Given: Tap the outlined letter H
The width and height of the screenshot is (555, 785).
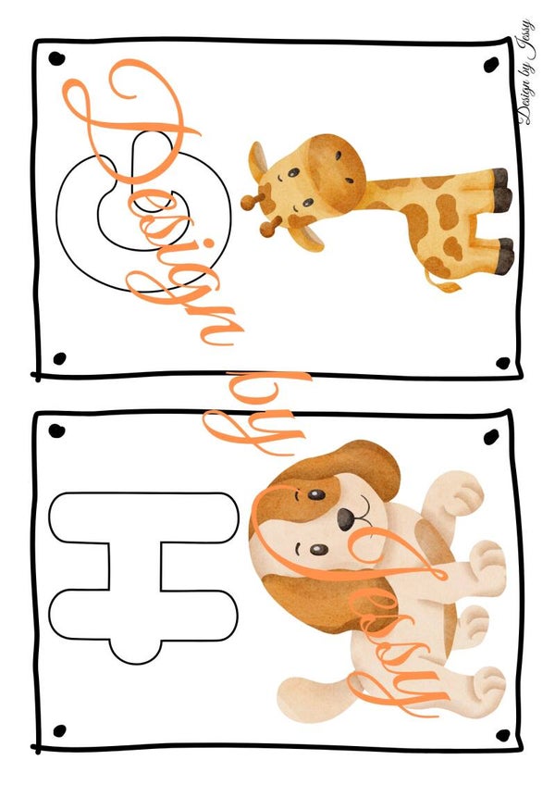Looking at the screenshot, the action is tap(135, 566).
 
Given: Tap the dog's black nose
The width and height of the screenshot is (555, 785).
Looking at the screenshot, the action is tap(345, 519).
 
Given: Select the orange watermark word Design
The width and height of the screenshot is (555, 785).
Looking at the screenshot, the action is tap(150, 200).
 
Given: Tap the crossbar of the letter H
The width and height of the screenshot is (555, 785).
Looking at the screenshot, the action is tap(135, 566).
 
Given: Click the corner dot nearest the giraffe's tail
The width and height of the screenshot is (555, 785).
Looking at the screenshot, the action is tap(503, 363).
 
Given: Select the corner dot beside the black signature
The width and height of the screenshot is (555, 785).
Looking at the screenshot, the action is tap(491, 65).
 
